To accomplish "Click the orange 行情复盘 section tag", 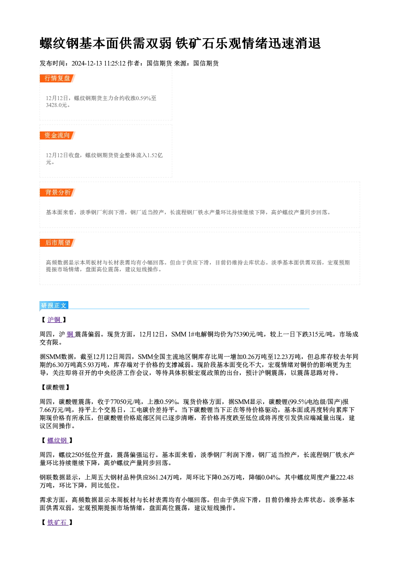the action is point(57,78).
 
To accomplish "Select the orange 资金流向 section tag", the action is point(57,135).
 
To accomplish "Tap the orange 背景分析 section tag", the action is point(57,193).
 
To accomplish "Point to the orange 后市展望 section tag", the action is point(57,243).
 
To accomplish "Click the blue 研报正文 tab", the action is point(54,305).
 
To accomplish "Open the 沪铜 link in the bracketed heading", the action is point(54,320).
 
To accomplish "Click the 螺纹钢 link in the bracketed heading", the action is point(58,440).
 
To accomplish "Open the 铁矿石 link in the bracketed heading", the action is point(58,523).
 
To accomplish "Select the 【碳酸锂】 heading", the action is point(55,387).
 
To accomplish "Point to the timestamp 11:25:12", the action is point(115,64).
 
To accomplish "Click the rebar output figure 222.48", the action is point(345,478).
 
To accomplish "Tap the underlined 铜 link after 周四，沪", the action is point(70,334).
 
